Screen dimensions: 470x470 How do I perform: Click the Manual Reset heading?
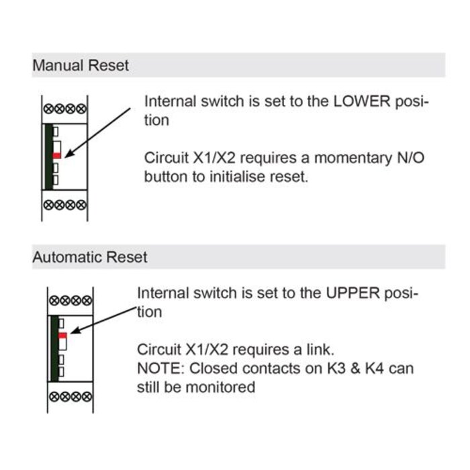click(81, 66)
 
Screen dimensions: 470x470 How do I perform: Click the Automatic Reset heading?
click(90, 257)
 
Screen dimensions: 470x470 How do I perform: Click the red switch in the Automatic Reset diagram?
click(62, 334)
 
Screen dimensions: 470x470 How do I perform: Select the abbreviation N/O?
click(410, 158)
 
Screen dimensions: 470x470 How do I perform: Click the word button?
click(166, 177)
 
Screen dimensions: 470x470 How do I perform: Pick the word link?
click(319, 350)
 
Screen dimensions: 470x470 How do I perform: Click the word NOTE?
click(159, 369)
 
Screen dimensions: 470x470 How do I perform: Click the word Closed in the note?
click(213, 369)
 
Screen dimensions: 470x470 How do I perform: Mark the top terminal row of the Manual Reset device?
click(64, 109)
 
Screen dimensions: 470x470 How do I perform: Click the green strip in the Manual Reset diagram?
click(48, 156)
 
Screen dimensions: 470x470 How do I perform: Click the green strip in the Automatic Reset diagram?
click(54, 348)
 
